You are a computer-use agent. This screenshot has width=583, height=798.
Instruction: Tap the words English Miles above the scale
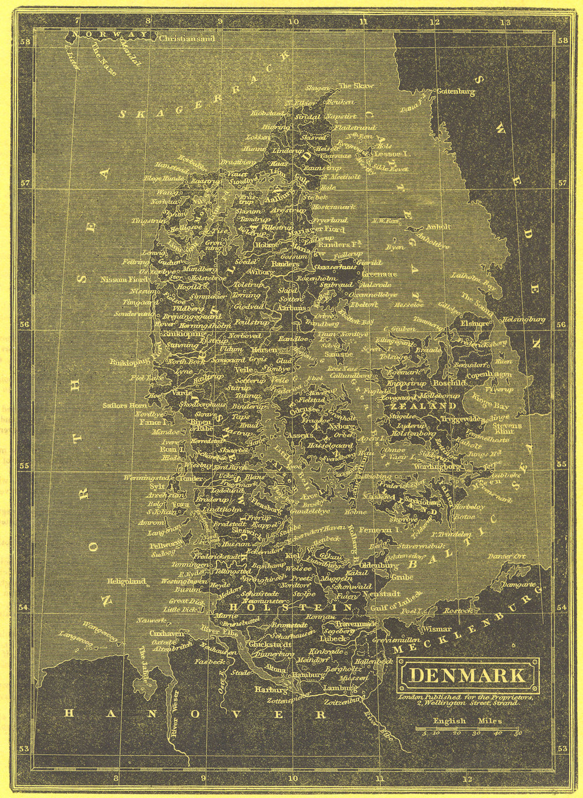[467, 721]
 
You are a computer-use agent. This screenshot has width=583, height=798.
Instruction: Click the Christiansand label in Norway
[187, 39]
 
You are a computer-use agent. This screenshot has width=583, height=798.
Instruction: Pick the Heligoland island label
[125, 581]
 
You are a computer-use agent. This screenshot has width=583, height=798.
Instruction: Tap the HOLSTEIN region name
[290, 607]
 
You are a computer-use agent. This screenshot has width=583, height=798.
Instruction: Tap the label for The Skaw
[356, 86]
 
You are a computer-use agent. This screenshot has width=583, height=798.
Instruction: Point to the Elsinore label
[475, 322]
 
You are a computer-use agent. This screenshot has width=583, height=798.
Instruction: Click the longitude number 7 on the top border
[77, 23]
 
